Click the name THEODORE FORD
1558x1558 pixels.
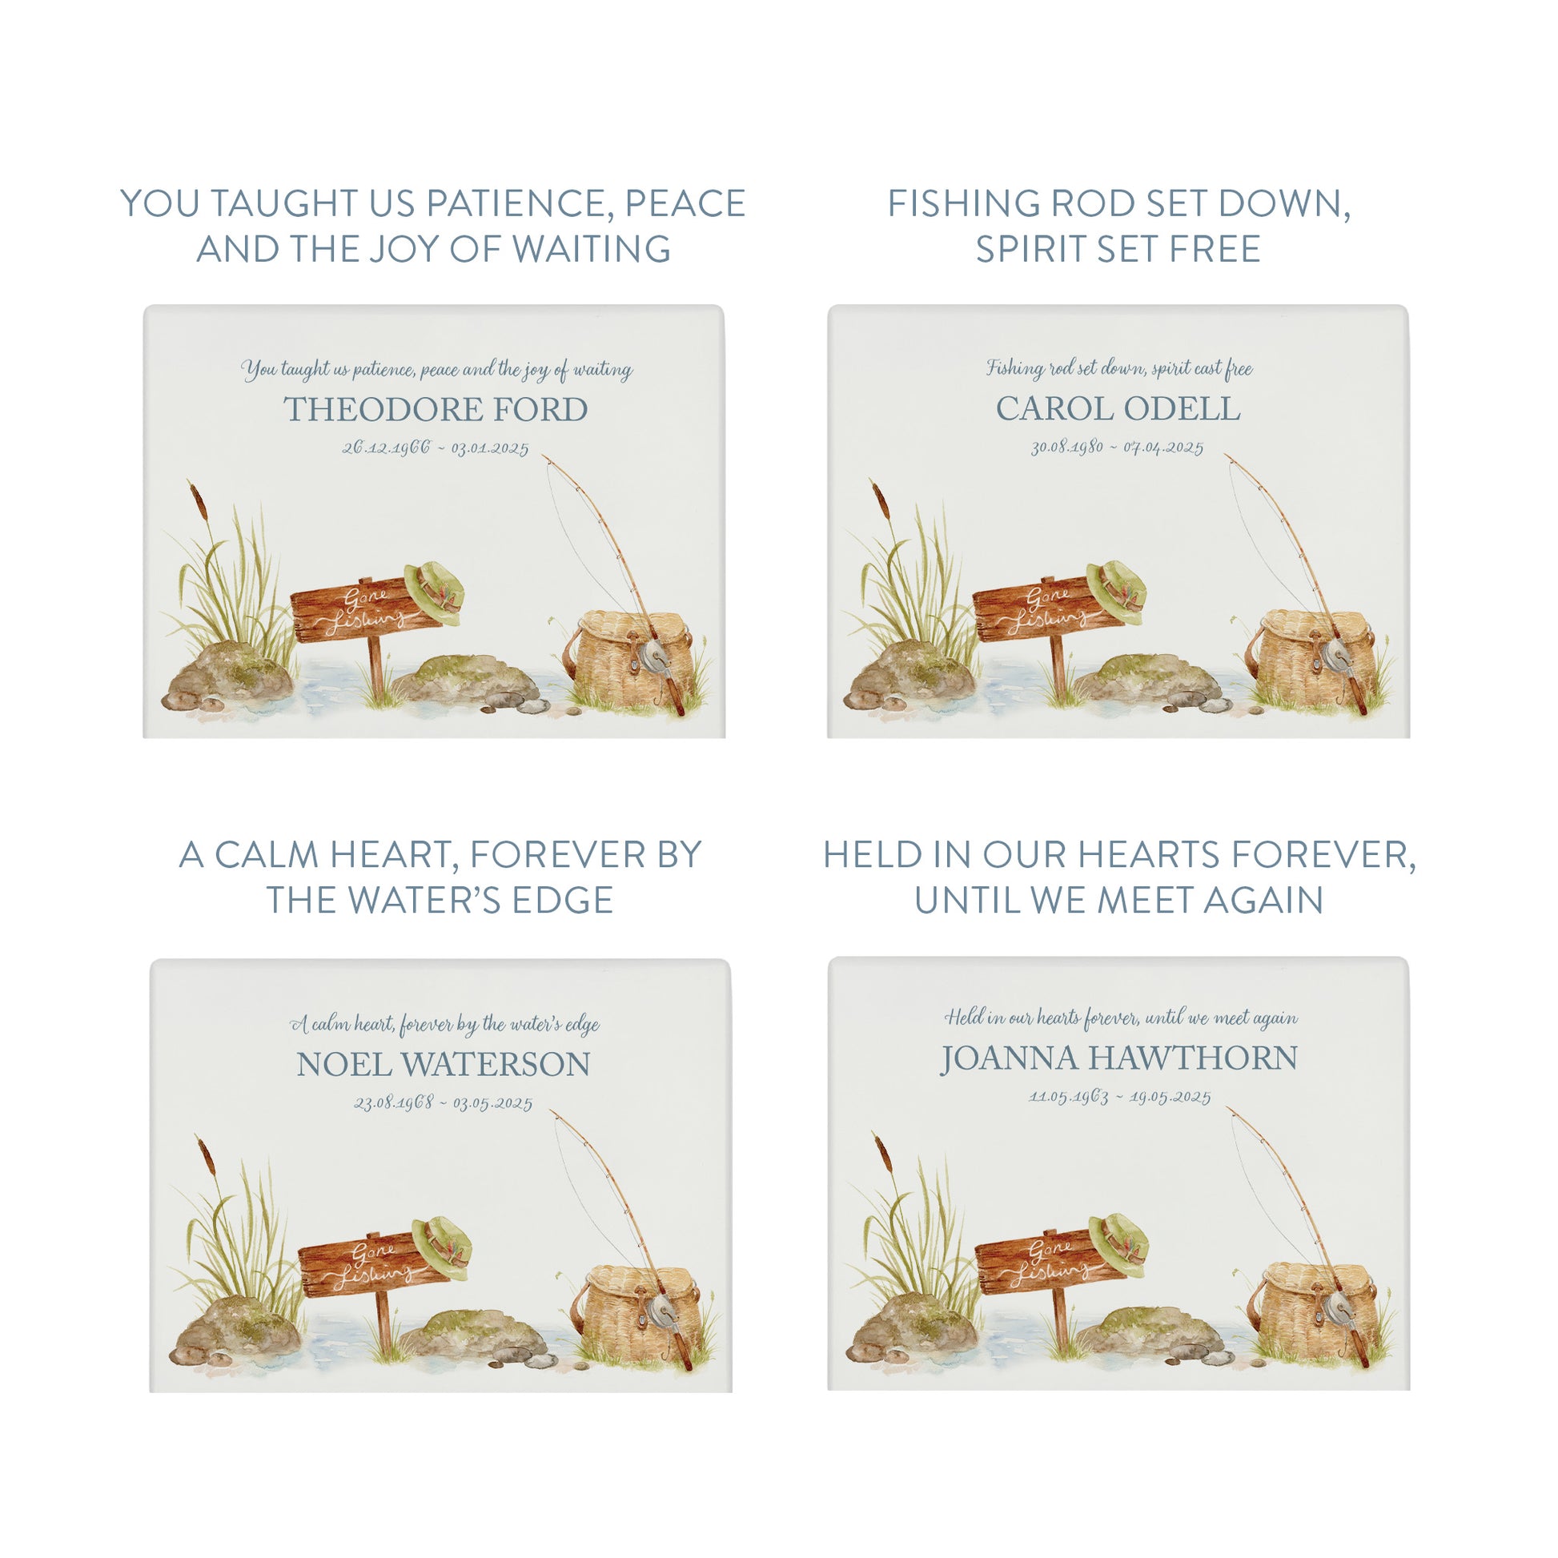click(436, 410)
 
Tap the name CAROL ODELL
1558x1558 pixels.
click(1118, 409)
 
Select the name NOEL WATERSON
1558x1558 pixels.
click(444, 1065)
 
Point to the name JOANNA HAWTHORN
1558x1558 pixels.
click(1119, 1059)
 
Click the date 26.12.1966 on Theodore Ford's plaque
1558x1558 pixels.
click(386, 448)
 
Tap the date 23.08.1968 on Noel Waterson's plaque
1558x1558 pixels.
click(395, 1102)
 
